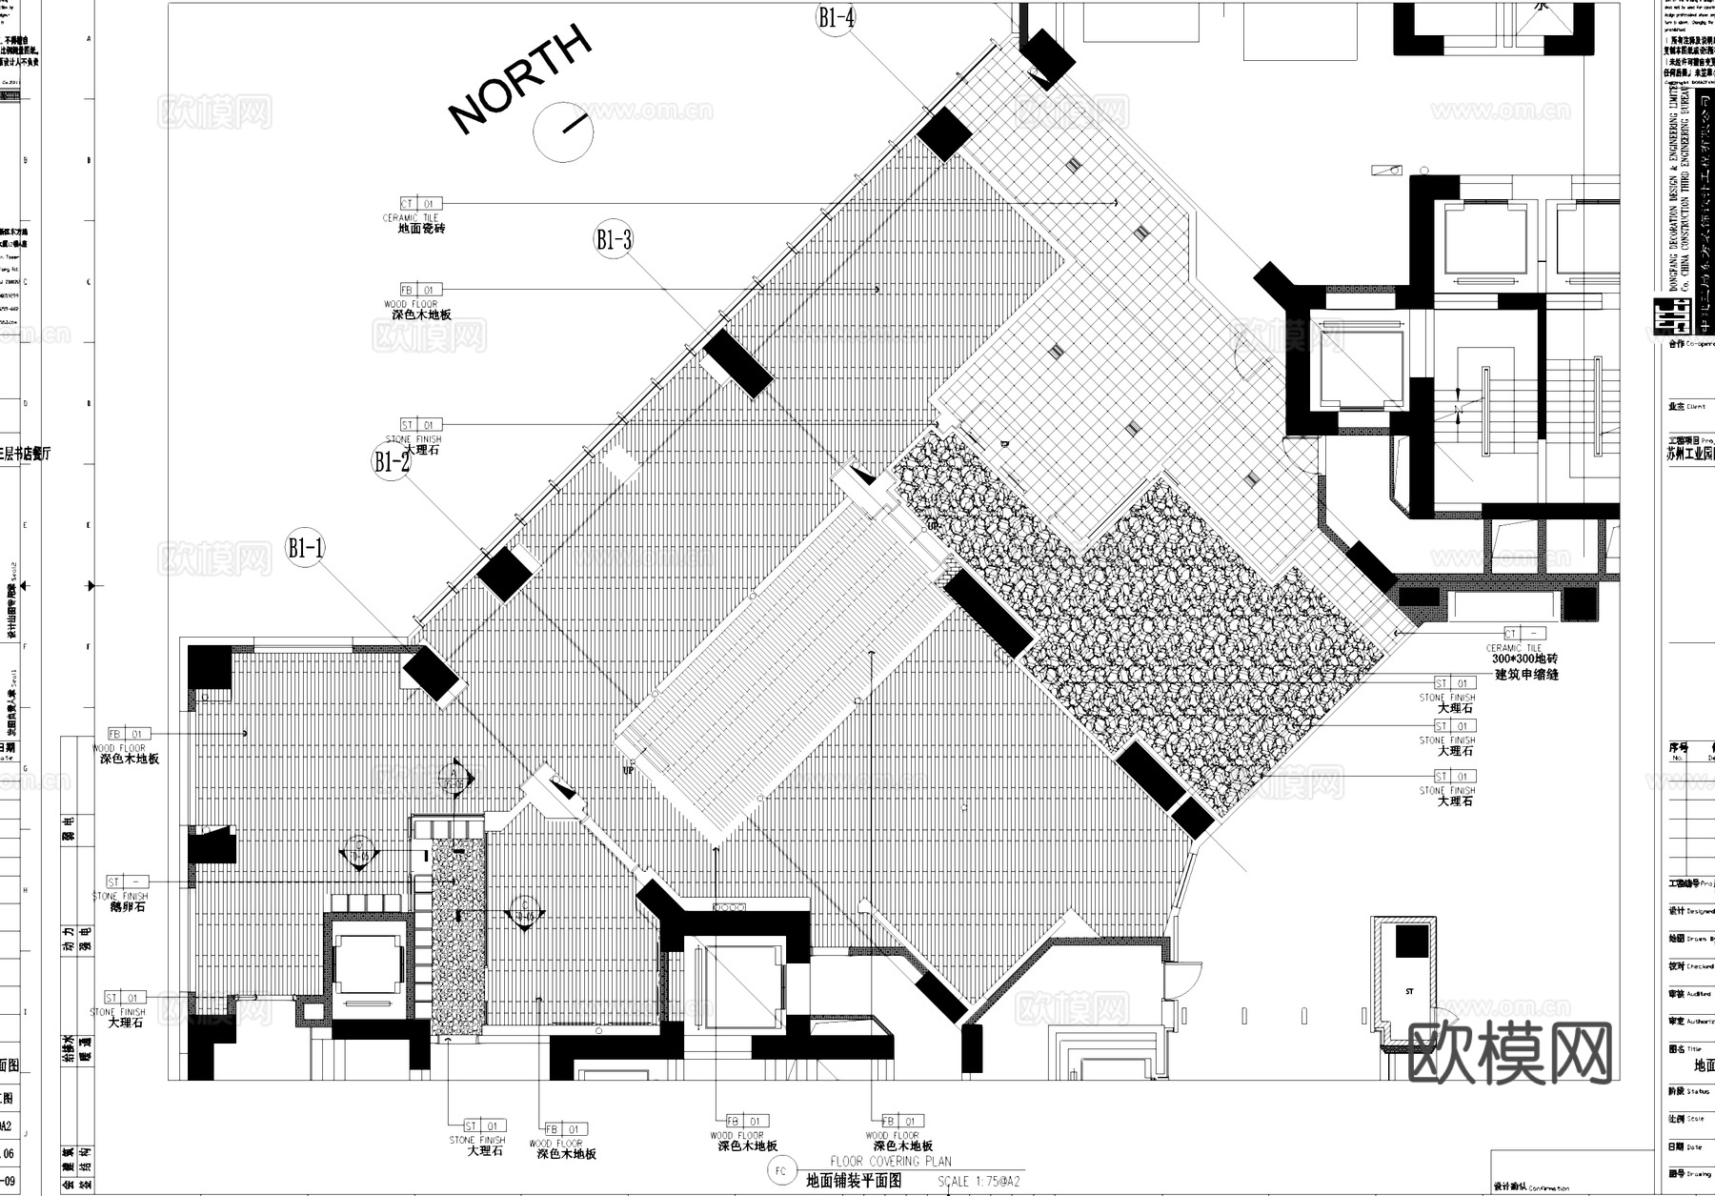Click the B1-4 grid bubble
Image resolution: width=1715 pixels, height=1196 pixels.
tap(836, 18)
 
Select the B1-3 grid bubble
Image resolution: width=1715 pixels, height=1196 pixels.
tap(614, 239)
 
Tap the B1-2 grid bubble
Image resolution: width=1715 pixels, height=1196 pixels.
tap(392, 462)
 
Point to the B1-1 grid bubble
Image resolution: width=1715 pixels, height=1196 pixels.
tap(306, 548)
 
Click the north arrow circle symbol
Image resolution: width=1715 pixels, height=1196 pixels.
tap(563, 129)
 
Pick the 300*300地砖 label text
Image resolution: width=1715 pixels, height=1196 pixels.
tap(1524, 659)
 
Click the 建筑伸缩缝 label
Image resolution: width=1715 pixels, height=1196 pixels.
tap(1526, 675)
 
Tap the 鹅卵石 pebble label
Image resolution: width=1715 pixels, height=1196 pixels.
tap(128, 907)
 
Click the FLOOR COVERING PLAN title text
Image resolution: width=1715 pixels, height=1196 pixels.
tap(890, 1162)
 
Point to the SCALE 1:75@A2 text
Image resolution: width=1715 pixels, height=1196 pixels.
tap(979, 1182)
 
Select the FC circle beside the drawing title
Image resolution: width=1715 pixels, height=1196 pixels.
tap(781, 1171)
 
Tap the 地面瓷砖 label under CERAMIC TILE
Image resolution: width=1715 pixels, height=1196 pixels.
tap(421, 229)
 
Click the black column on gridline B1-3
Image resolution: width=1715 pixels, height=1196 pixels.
tap(737, 362)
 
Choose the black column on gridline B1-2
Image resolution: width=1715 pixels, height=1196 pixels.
tap(503, 575)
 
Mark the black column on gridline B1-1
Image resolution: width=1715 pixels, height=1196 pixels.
tap(431, 675)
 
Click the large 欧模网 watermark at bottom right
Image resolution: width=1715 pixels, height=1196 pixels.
tap(1509, 1052)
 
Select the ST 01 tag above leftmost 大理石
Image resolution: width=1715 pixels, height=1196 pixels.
tap(127, 998)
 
